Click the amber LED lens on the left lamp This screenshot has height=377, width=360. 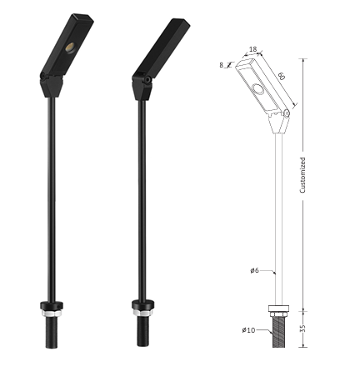pyautogui.click(x=70, y=48)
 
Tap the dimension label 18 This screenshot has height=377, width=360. pyautogui.click(x=252, y=49)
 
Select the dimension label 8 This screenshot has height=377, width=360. pyautogui.click(x=222, y=65)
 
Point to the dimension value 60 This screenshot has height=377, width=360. pyautogui.click(x=282, y=76)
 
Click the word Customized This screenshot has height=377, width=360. pyautogui.click(x=302, y=175)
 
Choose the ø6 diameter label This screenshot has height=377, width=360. pyautogui.click(x=254, y=270)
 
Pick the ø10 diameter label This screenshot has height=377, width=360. pyautogui.click(x=248, y=330)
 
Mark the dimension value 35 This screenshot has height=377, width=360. pyautogui.click(x=303, y=328)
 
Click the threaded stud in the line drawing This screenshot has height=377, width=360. pyautogui.click(x=278, y=332)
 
